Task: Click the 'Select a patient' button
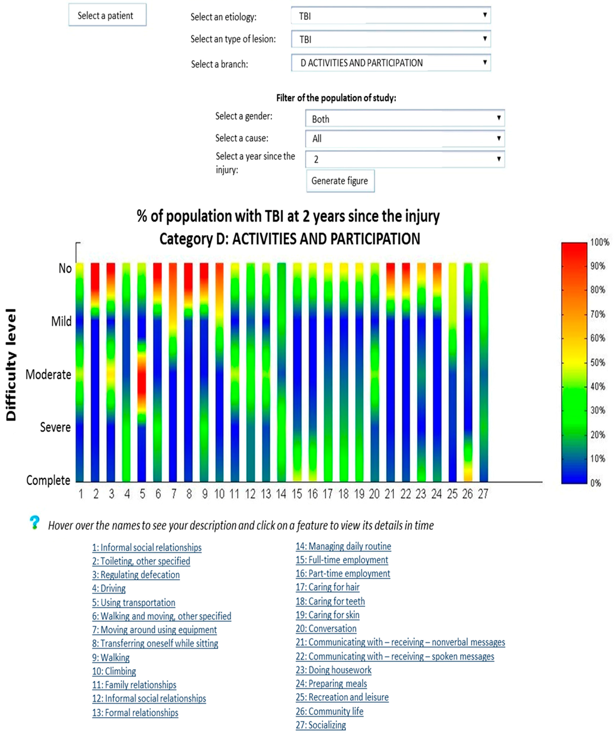pyautogui.click(x=107, y=16)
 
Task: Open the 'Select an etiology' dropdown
pyautogui.click(x=390, y=16)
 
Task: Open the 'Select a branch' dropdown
pyautogui.click(x=390, y=62)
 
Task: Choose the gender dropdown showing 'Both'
pyautogui.click(x=404, y=119)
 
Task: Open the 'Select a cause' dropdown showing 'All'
pyautogui.click(x=404, y=139)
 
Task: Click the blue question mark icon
pyautogui.click(x=35, y=523)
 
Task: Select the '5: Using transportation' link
pyautogui.click(x=133, y=603)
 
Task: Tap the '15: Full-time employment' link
pyautogui.click(x=342, y=560)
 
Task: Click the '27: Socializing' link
pyautogui.click(x=321, y=725)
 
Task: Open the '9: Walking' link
pyautogui.click(x=111, y=657)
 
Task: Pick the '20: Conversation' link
pyautogui.click(x=326, y=628)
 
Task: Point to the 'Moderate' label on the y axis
pyautogui.click(x=49, y=375)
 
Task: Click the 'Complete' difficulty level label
pyautogui.click(x=48, y=480)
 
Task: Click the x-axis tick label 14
pyautogui.click(x=281, y=494)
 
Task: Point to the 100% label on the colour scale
pyautogui.click(x=599, y=242)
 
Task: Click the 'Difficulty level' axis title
pyautogui.click(x=11, y=365)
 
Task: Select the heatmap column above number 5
pyautogui.click(x=142, y=372)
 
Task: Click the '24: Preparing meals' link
pyautogui.click(x=331, y=684)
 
